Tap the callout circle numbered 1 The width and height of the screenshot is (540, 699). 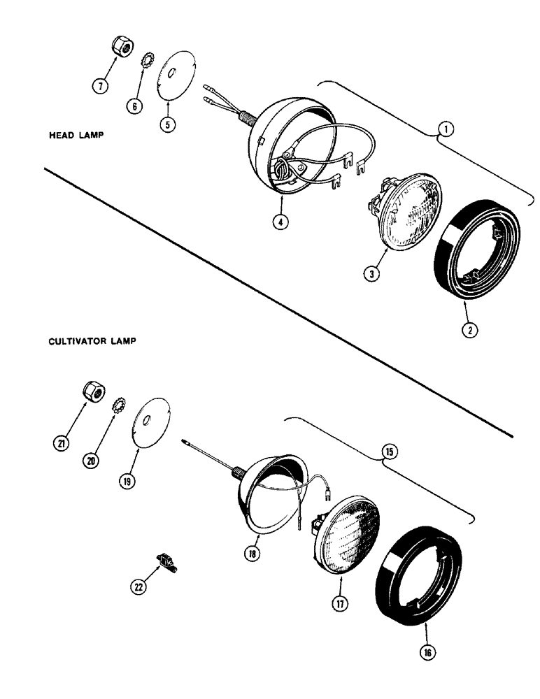pyautogui.click(x=444, y=129)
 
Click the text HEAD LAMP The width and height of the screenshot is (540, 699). pyautogui.click(x=75, y=136)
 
